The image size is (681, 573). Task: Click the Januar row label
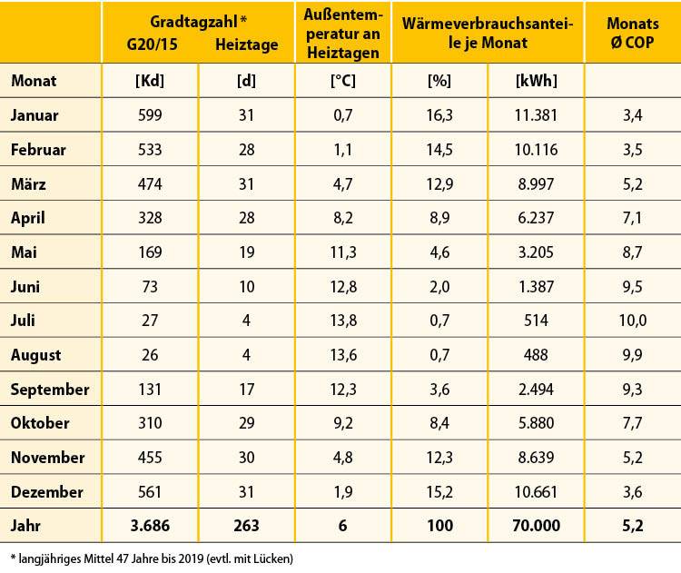[x=35, y=115]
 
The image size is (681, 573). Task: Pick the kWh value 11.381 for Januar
[x=524, y=115]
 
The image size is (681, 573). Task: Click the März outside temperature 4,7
[x=341, y=183]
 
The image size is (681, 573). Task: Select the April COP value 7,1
[x=631, y=218]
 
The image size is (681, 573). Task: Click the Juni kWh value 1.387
[x=524, y=286]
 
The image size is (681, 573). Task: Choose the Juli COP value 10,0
[x=631, y=321]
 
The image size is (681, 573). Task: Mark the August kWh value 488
[x=524, y=355]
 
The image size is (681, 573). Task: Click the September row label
[x=50, y=389]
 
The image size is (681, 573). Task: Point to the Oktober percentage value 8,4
[x=439, y=423]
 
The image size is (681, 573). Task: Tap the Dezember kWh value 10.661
[x=524, y=492]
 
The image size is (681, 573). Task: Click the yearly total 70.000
[x=524, y=526]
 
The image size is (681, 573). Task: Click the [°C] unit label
[x=341, y=81]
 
